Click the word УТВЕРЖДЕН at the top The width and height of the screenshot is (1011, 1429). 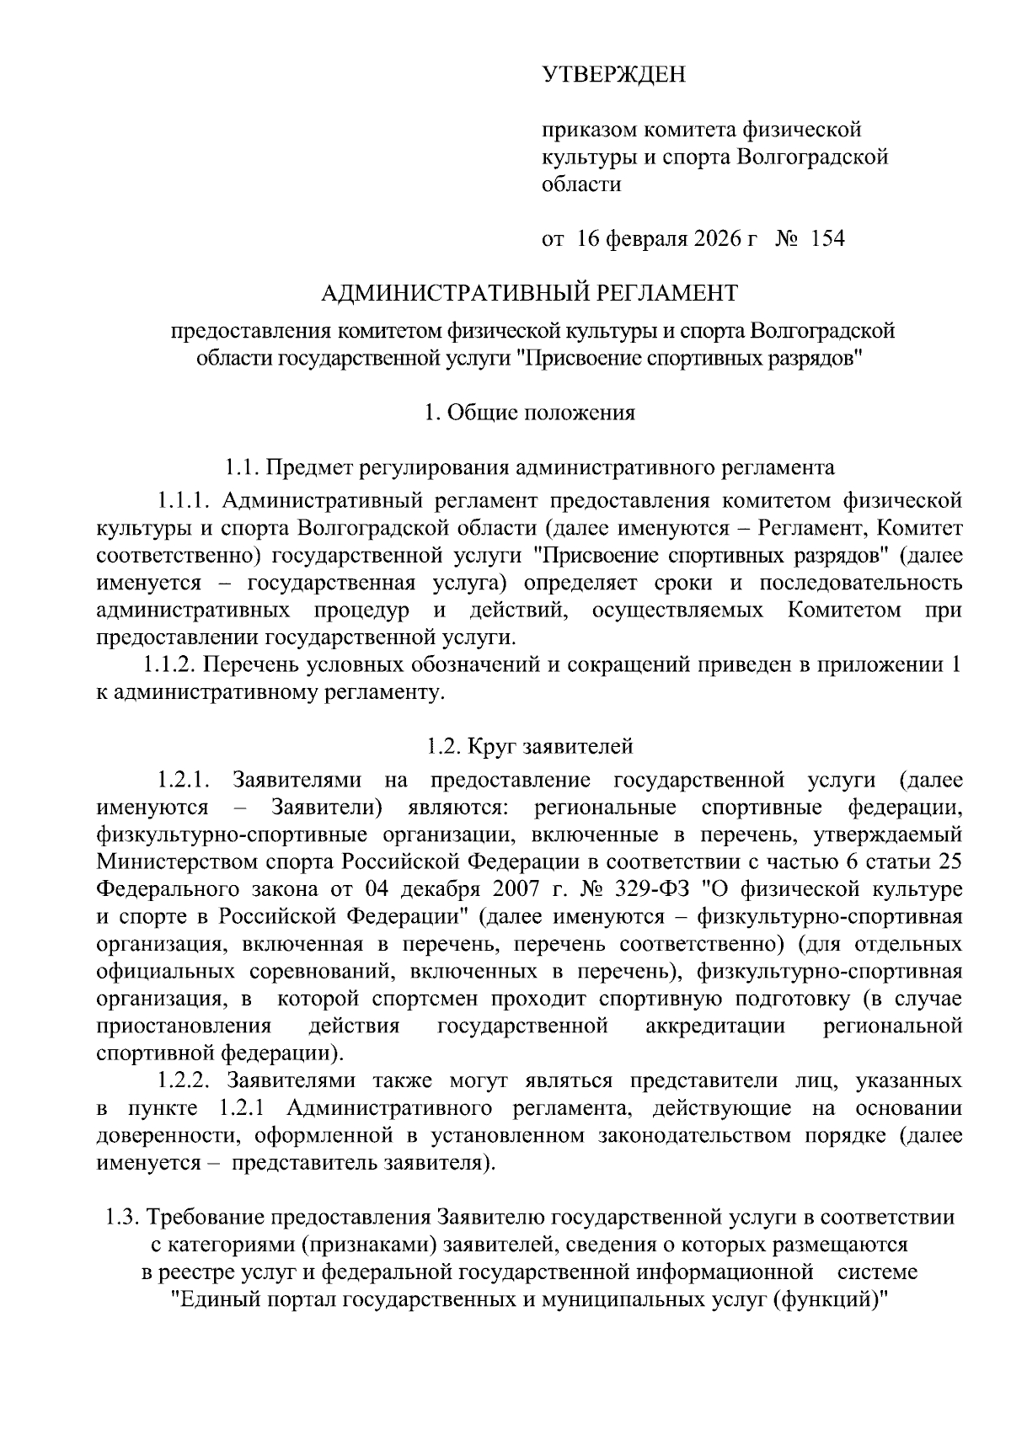(x=613, y=75)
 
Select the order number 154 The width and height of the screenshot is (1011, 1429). (x=826, y=238)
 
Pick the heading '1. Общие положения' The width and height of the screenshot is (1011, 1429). (x=529, y=413)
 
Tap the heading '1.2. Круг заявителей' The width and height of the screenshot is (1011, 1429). (x=529, y=746)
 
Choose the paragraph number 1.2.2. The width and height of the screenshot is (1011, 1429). (x=186, y=1080)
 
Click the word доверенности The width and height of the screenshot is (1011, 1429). (x=160, y=1135)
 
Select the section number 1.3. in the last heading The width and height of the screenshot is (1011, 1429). (x=121, y=1218)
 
